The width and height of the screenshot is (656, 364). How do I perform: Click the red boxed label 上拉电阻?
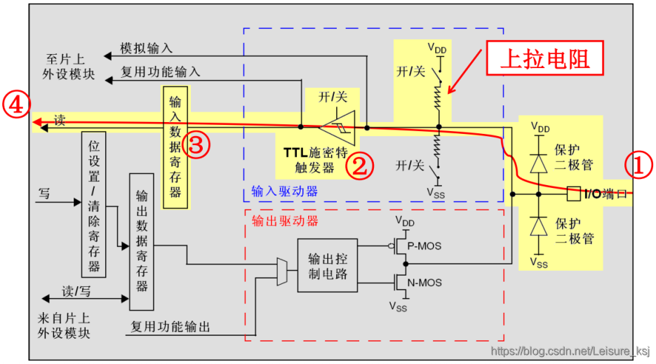pos(544,60)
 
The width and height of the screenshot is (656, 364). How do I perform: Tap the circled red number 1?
pos(639,166)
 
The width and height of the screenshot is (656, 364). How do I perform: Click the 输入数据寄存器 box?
pos(175,147)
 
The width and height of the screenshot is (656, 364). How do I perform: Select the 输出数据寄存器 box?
pos(142,241)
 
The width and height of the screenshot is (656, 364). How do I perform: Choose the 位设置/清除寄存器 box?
pos(94,203)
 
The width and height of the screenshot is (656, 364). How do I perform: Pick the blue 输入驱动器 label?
pos(284,191)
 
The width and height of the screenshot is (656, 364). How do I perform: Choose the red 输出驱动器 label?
pos(284,221)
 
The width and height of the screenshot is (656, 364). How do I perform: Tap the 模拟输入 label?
pos(146,48)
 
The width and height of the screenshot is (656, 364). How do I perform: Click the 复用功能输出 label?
pos(170,326)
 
